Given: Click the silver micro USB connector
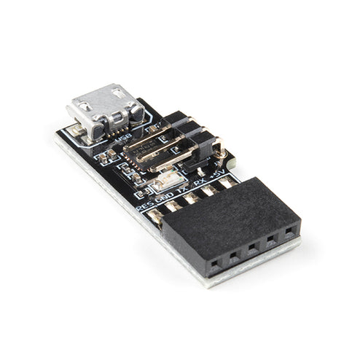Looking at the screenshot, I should [x=106, y=109].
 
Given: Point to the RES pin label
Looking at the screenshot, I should [x=145, y=206].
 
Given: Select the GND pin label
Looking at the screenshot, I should [x=165, y=196].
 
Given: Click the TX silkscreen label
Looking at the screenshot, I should [x=182, y=187].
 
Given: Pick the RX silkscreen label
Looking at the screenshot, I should [x=200, y=181].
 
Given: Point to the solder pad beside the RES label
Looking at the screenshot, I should [x=155, y=216].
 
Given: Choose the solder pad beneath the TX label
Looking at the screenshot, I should [x=192, y=197].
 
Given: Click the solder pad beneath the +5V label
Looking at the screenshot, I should [x=227, y=182].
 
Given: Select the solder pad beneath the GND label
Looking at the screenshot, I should [x=173, y=206].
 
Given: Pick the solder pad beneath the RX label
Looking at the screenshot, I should [x=210, y=189].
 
